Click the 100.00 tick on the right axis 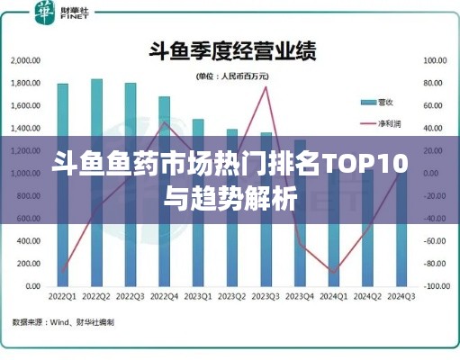(436, 60)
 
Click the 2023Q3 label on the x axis (266, 297)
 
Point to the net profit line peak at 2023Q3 (266, 87)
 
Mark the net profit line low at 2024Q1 (333, 272)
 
